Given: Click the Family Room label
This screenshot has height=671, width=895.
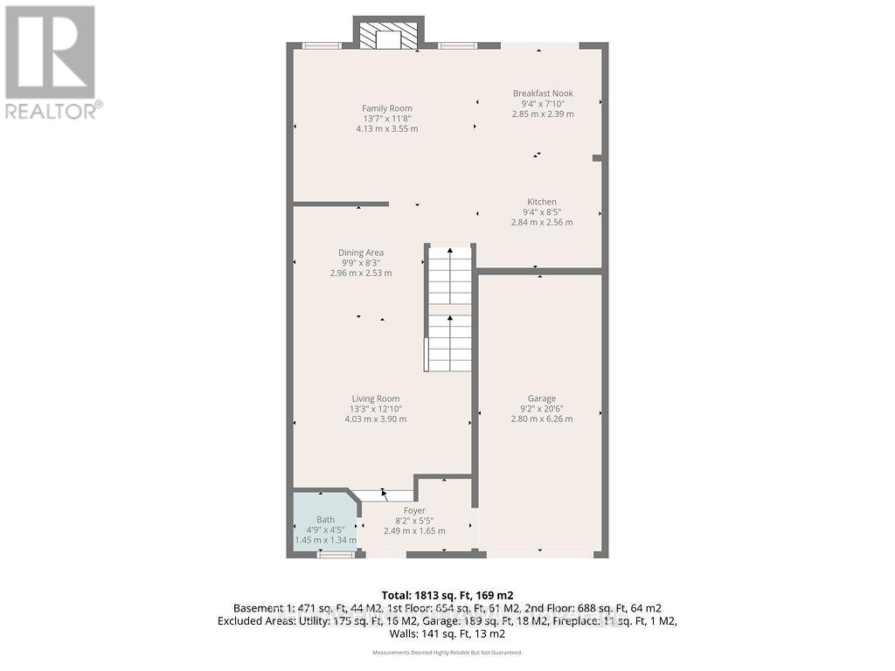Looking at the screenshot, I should (x=386, y=108).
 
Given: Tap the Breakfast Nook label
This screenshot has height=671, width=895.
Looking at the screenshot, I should (x=542, y=93).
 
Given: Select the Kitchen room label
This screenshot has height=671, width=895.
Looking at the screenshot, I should (x=541, y=202).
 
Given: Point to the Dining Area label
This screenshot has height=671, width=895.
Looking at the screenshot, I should (x=361, y=252).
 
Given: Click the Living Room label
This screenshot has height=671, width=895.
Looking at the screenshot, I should (x=375, y=398).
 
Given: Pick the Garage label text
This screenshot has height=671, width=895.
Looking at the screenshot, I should (x=541, y=398).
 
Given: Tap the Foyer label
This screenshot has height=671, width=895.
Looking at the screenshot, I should (x=414, y=510).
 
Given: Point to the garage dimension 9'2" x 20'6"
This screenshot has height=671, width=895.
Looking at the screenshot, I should (x=541, y=409).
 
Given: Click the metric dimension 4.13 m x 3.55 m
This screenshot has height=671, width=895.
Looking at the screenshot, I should (x=386, y=128).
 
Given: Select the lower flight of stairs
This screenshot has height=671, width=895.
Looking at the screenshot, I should (x=449, y=342).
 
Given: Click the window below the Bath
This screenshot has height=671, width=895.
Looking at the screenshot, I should (x=330, y=554).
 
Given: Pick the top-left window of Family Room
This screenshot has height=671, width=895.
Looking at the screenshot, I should (x=321, y=45).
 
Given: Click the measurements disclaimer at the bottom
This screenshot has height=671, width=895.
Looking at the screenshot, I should (x=447, y=653).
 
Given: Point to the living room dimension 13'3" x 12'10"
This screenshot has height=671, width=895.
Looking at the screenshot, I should (x=375, y=409).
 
